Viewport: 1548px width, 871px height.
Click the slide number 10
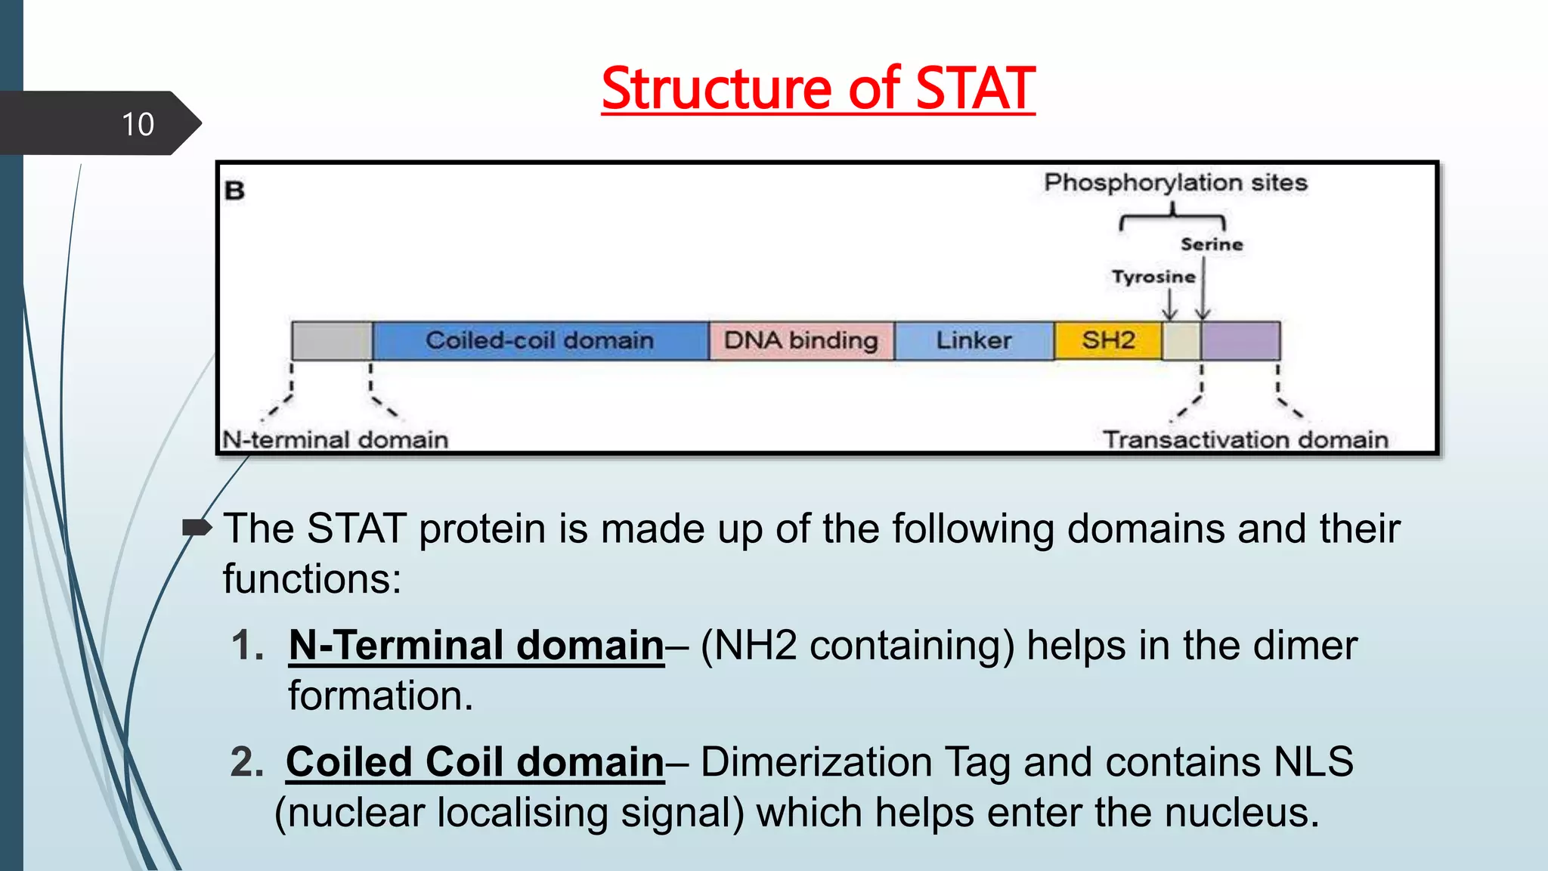coord(138,124)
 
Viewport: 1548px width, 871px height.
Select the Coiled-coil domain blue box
coord(540,340)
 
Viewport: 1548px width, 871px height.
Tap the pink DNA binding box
coord(801,340)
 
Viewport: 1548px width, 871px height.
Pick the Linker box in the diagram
coord(974,340)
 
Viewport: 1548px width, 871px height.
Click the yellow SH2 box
coord(1107,340)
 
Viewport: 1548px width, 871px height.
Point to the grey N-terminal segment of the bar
coord(332,340)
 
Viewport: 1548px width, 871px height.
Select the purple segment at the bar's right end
coord(1240,340)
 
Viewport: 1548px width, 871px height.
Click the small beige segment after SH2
coord(1181,340)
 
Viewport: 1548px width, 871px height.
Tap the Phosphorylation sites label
coord(1175,182)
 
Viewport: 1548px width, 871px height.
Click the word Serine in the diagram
coord(1212,244)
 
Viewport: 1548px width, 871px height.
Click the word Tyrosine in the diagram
coord(1153,277)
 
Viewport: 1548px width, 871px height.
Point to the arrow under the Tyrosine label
coord(1169,306)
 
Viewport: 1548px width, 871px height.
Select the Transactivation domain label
coord(1245,439)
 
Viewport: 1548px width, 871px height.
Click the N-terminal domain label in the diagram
coord(336,439)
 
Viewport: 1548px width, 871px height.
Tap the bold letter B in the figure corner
coord(235,191)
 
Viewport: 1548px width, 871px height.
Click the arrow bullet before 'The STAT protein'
coord(197,528)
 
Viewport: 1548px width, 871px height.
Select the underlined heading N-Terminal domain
coord(476,645)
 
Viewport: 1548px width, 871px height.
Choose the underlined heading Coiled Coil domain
coord(475,761)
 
